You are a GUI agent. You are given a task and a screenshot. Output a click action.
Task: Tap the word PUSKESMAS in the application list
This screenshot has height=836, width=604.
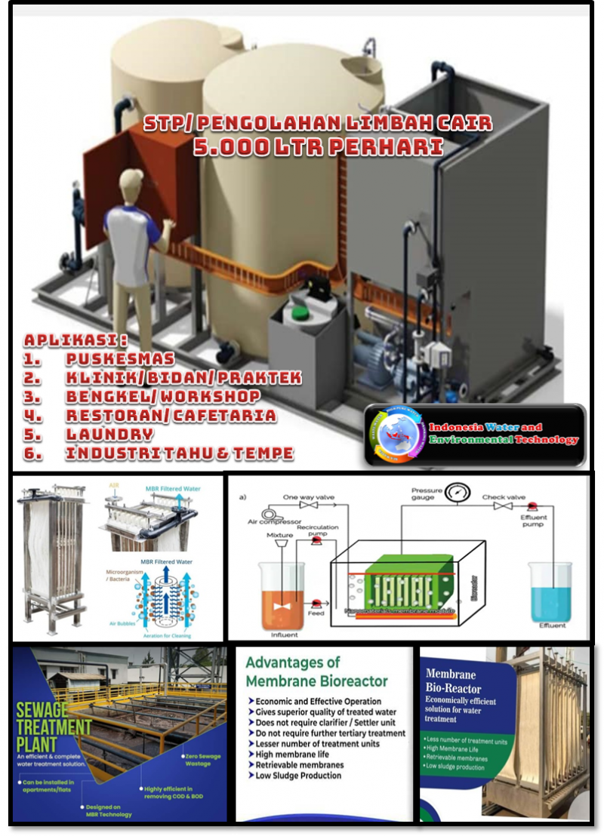click(x=119, y=359)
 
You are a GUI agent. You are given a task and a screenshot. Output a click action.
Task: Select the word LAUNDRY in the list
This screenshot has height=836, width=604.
click(x=109, y=435)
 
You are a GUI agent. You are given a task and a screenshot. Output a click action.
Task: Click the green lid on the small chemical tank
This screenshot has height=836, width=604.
click(x=300, y=312)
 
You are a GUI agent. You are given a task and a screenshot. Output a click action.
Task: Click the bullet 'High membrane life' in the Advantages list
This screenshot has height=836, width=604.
click(x=297, y=755)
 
